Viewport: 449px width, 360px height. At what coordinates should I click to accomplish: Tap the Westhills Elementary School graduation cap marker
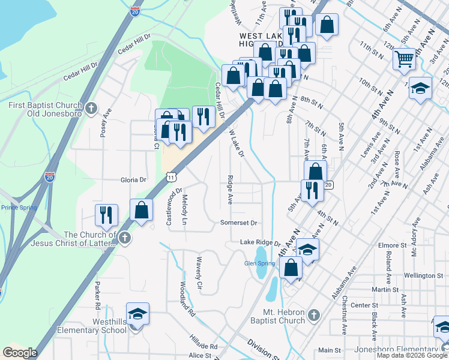coord(137,314)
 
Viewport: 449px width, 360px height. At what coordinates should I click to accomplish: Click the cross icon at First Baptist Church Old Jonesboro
coord(91,109)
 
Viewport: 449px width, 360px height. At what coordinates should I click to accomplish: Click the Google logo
coord(20,353)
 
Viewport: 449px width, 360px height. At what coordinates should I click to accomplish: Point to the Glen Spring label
coord(259,263)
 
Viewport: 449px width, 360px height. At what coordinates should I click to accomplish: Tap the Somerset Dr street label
coord(239,223)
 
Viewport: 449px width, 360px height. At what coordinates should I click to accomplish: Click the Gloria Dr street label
coord(134,179)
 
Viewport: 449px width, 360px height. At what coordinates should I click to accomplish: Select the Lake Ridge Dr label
coord(261,242)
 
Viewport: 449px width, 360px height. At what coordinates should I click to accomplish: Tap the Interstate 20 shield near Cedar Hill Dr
coord(134,11)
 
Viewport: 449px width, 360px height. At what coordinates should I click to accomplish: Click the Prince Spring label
coord(19,208)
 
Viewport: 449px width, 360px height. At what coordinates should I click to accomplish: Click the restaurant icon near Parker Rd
coord(106,215)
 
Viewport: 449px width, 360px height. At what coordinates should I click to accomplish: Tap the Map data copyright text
coord(412,355)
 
